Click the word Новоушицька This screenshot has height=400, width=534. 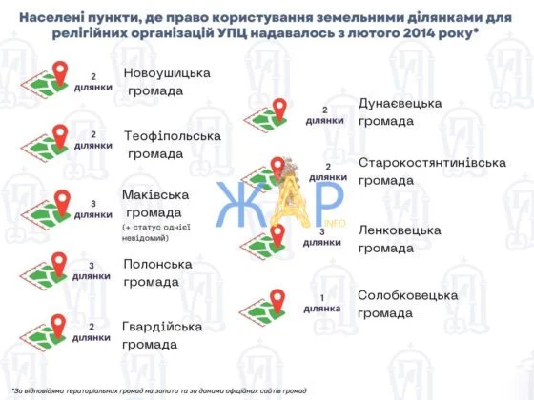167,73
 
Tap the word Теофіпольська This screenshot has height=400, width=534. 173,136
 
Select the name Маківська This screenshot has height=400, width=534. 155,195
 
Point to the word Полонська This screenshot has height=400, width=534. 157,265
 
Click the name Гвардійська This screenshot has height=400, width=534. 162,327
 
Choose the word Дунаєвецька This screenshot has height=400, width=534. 400,104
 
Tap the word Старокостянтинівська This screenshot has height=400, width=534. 432,163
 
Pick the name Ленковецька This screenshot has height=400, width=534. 400,230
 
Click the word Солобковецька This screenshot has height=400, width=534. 408,295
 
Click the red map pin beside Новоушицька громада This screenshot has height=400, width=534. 60,72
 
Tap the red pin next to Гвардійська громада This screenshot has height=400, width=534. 58,326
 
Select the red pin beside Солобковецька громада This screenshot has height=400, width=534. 277,301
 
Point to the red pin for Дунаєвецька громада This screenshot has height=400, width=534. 279,110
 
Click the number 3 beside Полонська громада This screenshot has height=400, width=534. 92,266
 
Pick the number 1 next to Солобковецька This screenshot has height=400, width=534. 322,298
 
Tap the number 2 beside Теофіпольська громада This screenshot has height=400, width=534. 93,134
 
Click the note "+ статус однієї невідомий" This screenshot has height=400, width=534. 156,232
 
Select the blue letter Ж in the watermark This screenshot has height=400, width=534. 240,204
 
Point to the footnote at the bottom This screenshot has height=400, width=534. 159,390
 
